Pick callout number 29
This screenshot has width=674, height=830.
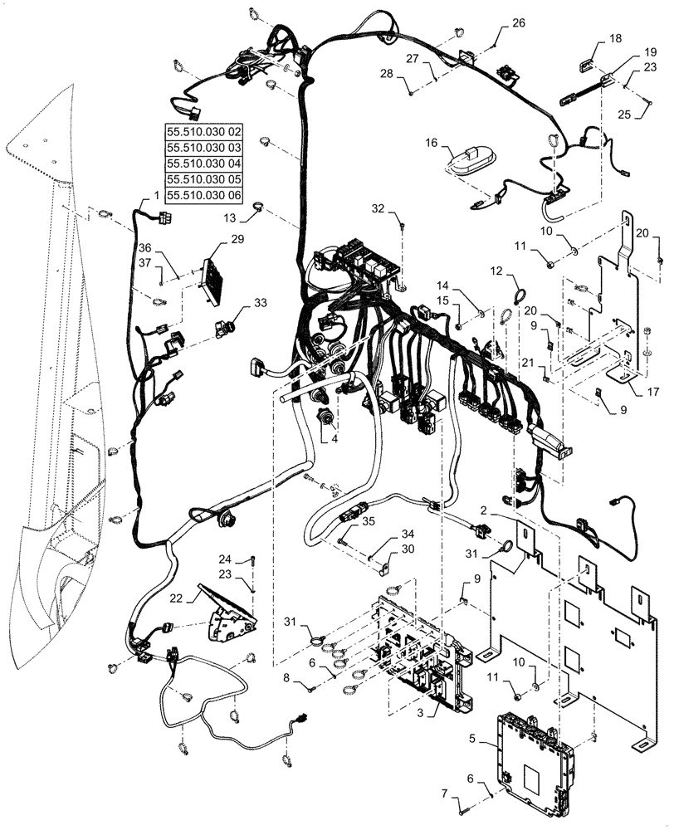238,240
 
